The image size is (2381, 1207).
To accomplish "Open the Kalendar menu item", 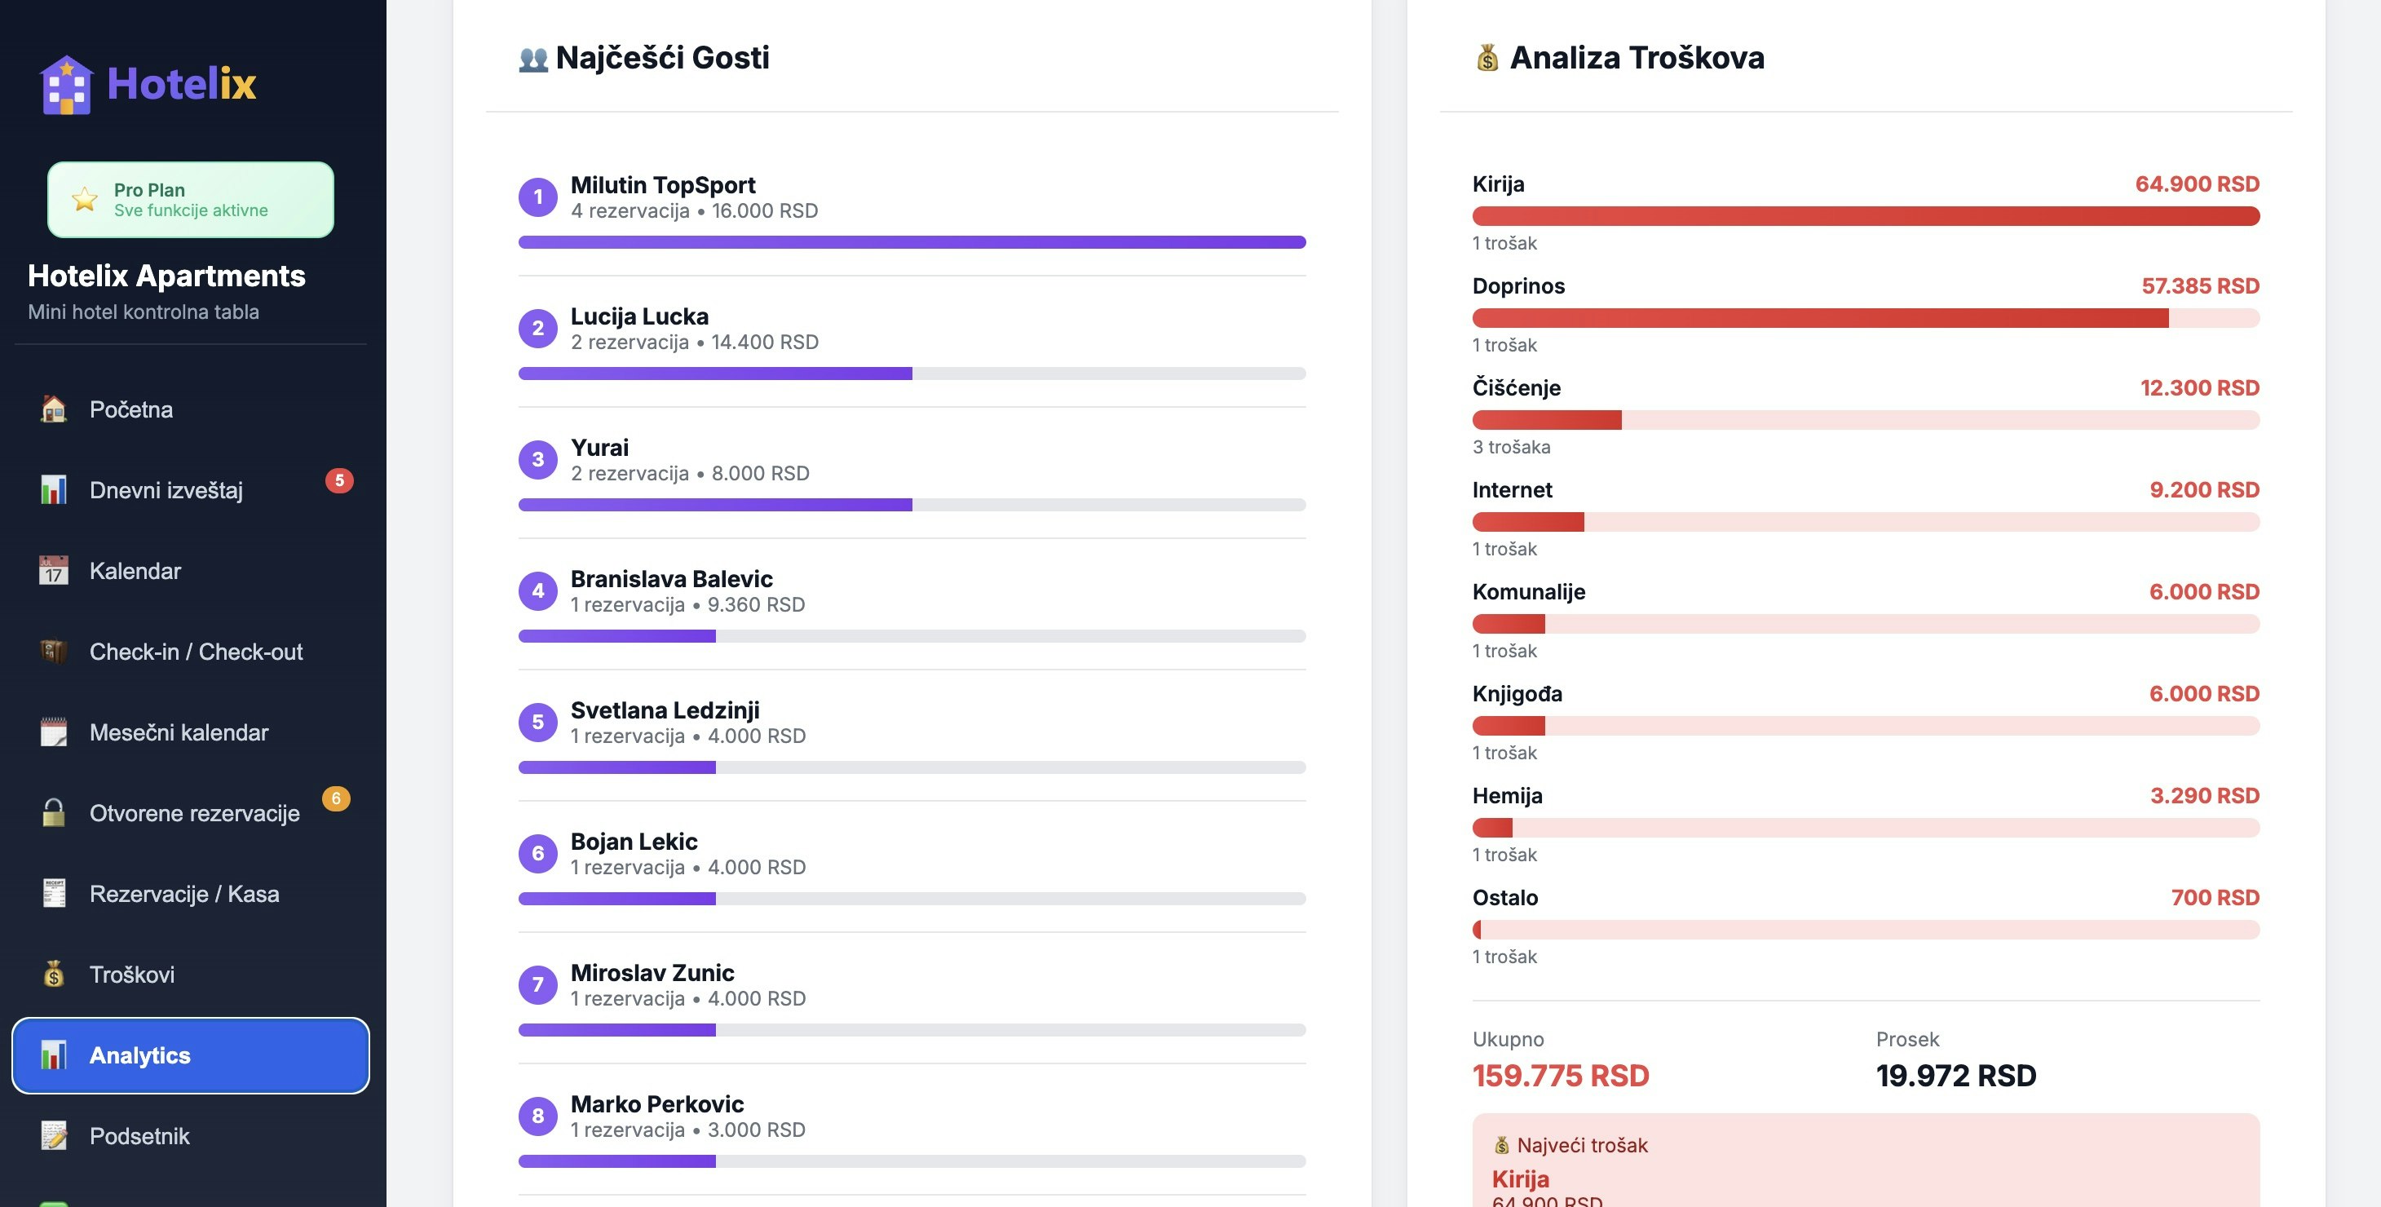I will tap(135, 571).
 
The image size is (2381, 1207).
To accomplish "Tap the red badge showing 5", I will tap(339, 480).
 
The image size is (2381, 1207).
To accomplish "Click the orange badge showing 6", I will tap(335, 798).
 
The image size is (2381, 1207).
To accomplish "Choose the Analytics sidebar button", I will tap(191, 1055).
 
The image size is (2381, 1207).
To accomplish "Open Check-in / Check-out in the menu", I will tap(196, 652).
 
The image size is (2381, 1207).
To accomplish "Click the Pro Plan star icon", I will tap(85, 200).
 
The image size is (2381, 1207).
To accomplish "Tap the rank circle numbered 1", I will tap(538, 197).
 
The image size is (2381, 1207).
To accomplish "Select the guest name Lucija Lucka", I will tap(639, 316).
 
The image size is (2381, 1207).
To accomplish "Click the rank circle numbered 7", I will tap(538, 985).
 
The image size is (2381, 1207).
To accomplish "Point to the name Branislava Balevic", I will tap(671, 578).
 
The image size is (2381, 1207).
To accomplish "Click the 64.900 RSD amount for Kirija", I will tap(2197, 184).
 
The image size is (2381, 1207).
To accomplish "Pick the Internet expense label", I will tap(1512, 490).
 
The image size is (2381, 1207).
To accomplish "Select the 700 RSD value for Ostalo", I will tap(2215, 897).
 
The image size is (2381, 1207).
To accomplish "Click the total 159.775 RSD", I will tap(1560, 1076).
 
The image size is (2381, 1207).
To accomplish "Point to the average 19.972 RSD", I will tap(1956, 1076).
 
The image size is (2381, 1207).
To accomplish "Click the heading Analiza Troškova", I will tap(1636, 57).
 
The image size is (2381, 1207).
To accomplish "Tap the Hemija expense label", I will tap(1508, 796).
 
